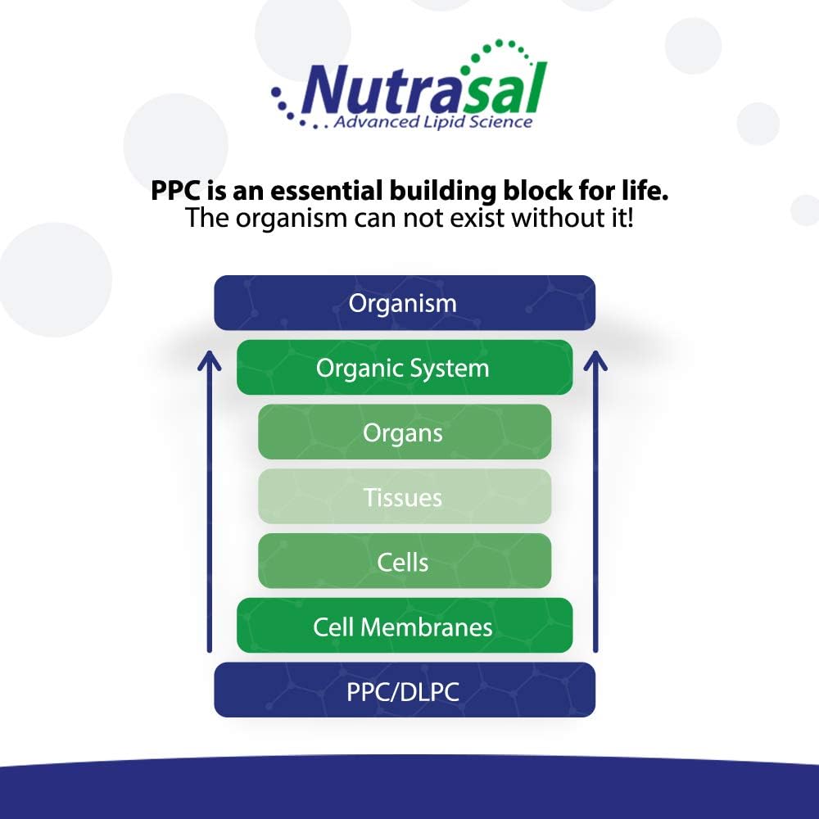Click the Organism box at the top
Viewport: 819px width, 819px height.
404,303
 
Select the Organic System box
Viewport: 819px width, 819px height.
404,368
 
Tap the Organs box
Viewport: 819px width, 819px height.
404,432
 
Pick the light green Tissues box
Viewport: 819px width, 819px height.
404,497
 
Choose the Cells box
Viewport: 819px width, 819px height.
404,562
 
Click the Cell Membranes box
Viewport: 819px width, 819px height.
404,627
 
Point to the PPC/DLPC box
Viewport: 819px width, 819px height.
404,691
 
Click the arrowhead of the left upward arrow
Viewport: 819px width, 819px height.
210,358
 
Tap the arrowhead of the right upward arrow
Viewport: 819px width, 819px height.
595,358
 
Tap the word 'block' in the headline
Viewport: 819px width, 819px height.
536,192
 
